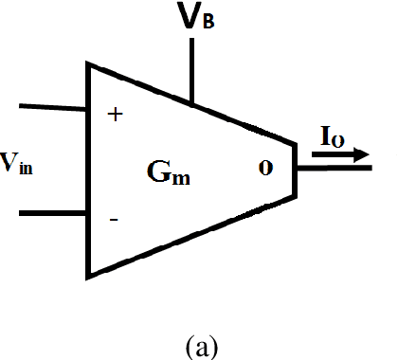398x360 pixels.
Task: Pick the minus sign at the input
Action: point(114,220)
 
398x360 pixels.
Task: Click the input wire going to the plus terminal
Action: point(53,107)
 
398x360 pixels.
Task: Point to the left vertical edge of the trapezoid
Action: point(88,171)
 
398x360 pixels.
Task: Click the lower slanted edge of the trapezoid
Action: point(190,237)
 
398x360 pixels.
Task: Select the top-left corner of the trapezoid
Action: point(88,64)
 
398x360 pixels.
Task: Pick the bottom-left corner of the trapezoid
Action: point(88,277)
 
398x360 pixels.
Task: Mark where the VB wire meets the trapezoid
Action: point(192,102)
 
